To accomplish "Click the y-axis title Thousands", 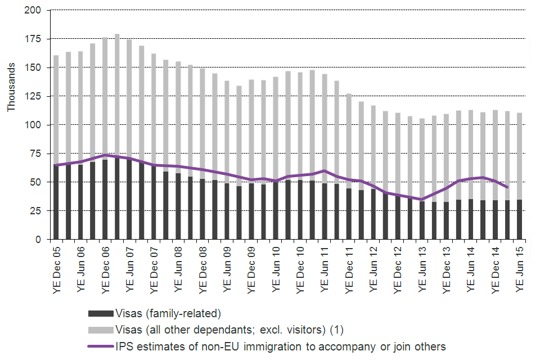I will (11, 91).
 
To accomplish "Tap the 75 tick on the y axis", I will (37, 154).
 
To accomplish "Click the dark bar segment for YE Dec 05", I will (56, 202).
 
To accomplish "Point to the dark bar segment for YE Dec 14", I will (496, 220).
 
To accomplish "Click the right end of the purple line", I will (507, 187).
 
